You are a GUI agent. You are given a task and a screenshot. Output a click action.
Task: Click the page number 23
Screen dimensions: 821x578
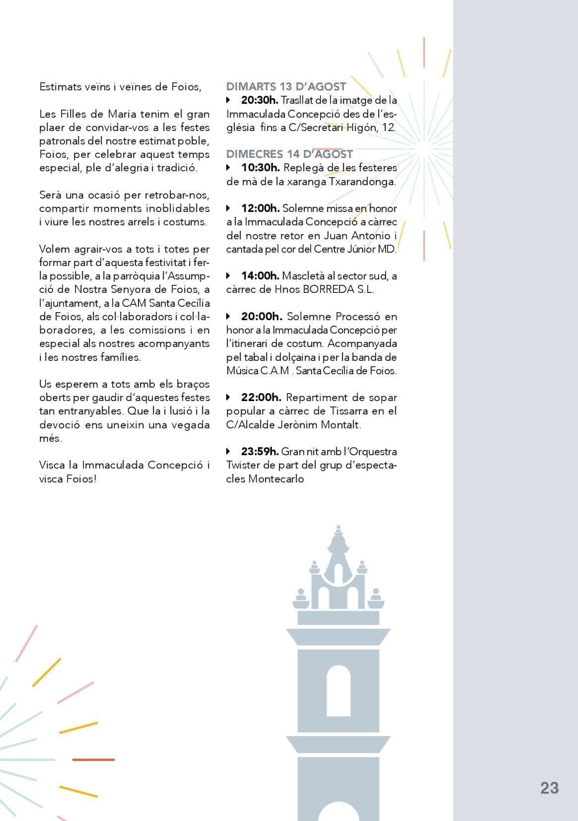point(549,788)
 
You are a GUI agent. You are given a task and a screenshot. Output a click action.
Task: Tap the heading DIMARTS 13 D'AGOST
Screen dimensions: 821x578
point(286,86)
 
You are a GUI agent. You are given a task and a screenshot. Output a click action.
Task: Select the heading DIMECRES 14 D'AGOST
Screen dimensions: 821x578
point(289,154)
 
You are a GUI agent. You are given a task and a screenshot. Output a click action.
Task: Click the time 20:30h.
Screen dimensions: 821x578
point(259,100)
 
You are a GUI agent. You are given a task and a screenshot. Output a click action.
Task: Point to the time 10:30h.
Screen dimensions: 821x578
point(260,168)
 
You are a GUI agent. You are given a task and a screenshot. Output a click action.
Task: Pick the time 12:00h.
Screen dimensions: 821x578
point(260,208)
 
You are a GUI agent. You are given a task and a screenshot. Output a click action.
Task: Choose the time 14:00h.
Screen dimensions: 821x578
point(260,276)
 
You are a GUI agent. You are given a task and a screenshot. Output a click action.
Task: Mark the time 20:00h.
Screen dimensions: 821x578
point(261,317)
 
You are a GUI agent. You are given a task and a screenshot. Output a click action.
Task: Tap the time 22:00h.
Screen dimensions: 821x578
point(261,398)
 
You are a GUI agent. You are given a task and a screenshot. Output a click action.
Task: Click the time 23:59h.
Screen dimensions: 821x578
point(259,452)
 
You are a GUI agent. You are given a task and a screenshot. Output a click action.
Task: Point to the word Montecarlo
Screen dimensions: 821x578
point(276,479)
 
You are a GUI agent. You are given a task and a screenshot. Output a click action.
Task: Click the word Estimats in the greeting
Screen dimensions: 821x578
point(61,87)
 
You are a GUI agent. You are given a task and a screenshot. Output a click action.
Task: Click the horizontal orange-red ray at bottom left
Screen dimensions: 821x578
point(93,759)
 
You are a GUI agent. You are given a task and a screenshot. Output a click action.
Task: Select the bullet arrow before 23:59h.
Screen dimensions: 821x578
point(228,452)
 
